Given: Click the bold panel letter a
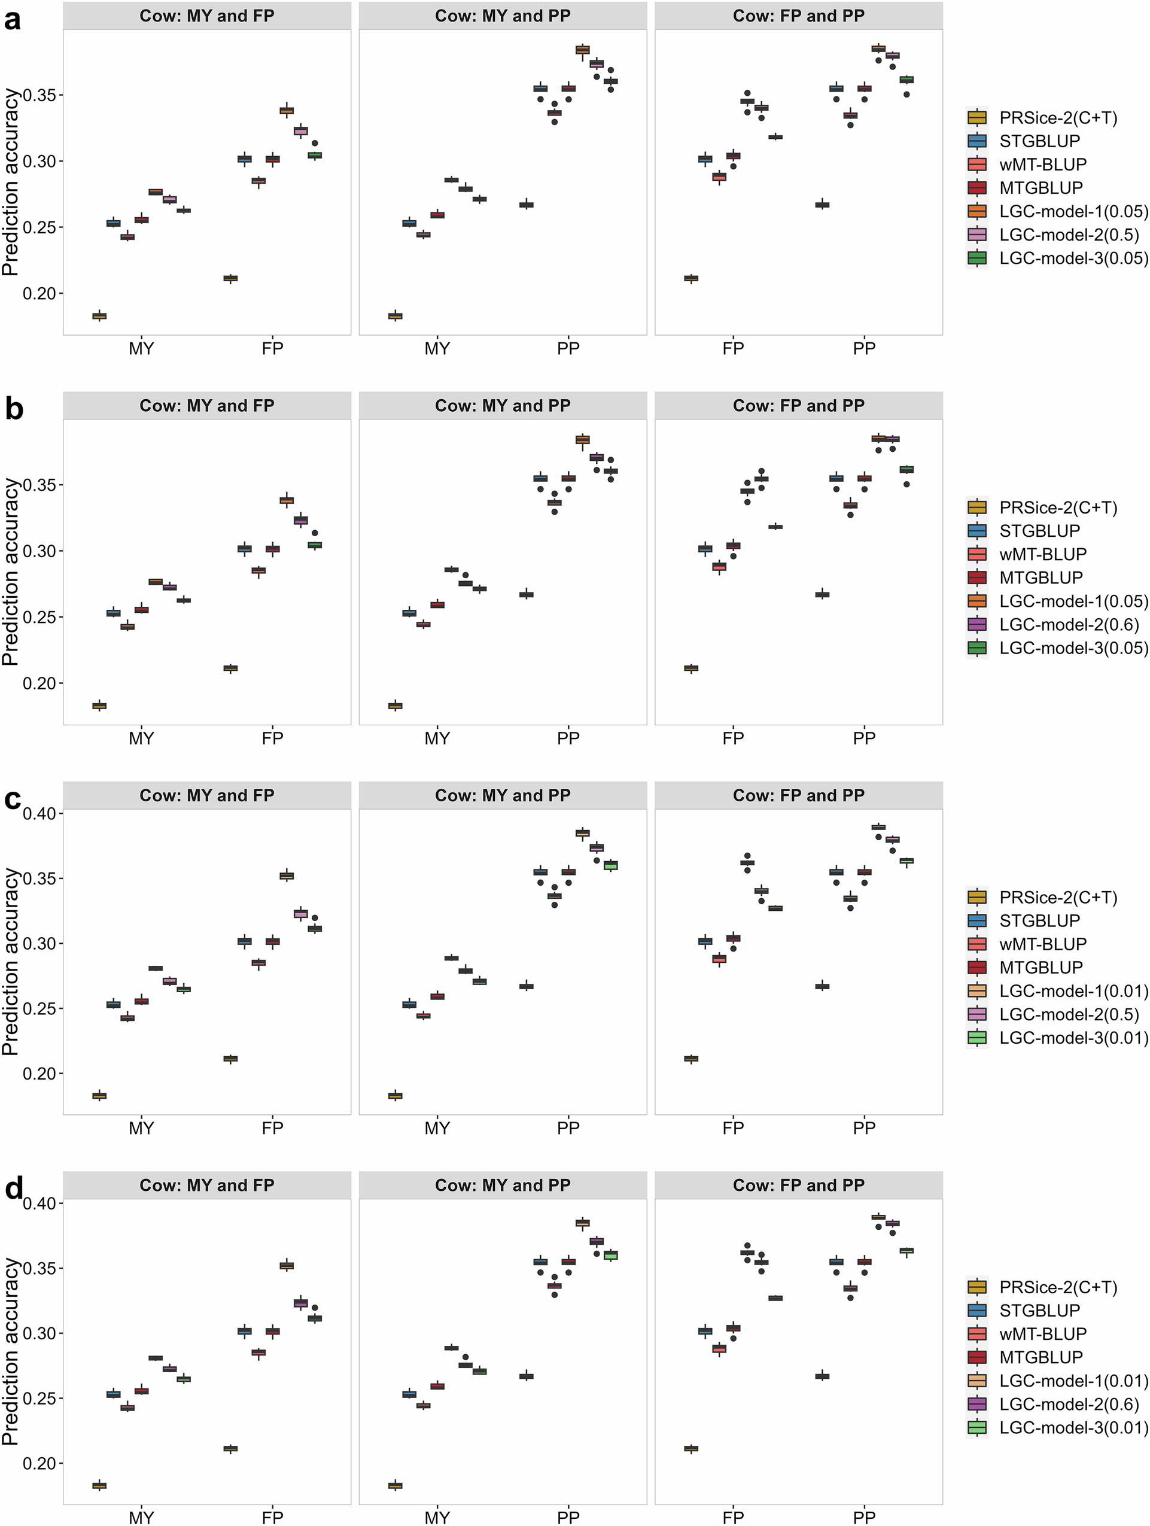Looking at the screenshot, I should tap(13, 19).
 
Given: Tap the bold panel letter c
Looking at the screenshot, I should tap(13, 799).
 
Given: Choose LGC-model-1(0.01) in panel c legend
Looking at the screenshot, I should tap(1073, 990).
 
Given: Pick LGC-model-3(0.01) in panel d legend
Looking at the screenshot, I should tap(1073, 1427).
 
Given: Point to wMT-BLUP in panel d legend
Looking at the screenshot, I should tap(1042, 1333).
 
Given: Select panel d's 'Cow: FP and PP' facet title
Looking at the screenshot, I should tap(798, 1185).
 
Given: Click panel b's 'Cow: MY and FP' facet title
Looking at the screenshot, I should tap(207, 406).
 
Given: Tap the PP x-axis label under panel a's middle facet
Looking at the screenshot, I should tap(568, 348).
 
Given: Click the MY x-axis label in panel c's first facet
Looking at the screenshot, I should tap(141, 1128).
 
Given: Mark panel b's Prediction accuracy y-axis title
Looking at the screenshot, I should tap(10, 572).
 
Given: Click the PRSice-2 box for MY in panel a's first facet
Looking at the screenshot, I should tap(99, 316).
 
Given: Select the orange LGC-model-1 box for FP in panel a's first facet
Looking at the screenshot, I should tap(286, 110).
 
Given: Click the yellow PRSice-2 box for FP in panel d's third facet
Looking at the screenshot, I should tap(690, 1449).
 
